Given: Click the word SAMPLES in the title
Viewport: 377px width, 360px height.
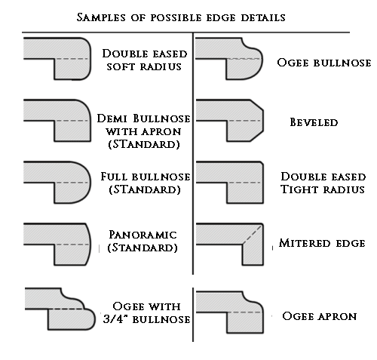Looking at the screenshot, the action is click(101, 17).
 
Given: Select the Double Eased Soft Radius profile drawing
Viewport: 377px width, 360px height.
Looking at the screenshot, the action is click(57, 59).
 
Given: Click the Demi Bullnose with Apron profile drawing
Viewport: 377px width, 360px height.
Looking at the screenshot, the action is click(57, 121).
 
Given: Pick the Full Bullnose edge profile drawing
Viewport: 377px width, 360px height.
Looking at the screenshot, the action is click(57, 183).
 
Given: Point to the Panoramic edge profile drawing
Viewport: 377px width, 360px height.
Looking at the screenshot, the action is click(57, 245).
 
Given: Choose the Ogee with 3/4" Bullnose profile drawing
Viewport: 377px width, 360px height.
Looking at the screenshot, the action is click(60, 309).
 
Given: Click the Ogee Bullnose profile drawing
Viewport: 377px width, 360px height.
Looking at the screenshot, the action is click(229, 59).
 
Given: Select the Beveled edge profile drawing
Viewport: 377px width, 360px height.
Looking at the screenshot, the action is click(230, 121).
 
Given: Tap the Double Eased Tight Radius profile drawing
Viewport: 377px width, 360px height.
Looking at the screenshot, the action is click(230, 183).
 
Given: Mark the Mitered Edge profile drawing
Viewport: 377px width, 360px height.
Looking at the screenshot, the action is click(230, 245).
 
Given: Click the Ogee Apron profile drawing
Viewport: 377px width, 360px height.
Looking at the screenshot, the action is click(230, 312).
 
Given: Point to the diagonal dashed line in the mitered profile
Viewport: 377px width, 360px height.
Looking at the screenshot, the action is click(252, 235).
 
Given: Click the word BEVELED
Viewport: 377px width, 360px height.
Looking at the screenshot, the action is click(314, 122).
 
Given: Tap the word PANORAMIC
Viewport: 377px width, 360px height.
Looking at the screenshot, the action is click(143, 235).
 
